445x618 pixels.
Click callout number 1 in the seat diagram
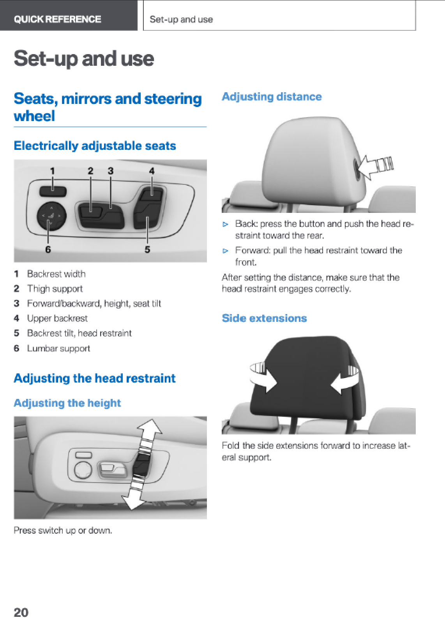pos(52,171)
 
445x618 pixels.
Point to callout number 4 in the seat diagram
pos(152,171)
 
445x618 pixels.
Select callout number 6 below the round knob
pos(48,249)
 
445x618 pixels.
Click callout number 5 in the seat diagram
pos(148,249)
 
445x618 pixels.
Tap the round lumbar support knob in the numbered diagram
pos(52,217)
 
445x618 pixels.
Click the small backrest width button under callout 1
pos(53,191)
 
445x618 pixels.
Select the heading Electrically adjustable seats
pos(95,146)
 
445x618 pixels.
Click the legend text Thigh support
pos(55,289)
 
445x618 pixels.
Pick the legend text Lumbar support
pos(58,348)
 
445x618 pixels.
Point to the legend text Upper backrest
pos(57,318)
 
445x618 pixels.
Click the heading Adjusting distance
pos(272,97)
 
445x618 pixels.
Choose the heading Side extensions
pos(264,318)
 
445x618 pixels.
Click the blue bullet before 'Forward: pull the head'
pos(226,251)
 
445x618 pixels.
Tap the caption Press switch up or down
pos(63,530)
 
